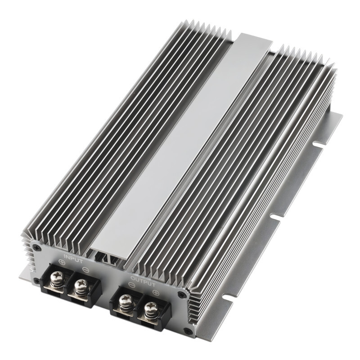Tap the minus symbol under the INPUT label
point(85,270)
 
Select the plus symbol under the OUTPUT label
point(155,292)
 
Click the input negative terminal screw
point(82,285)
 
